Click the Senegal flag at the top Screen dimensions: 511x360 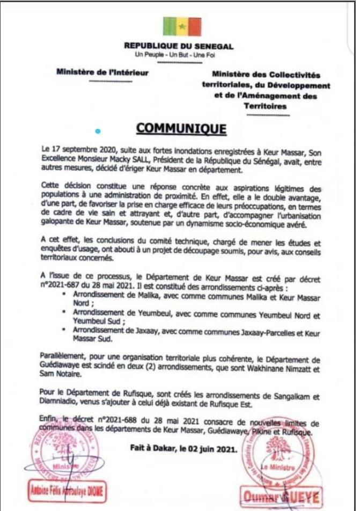click(x=182, y=26)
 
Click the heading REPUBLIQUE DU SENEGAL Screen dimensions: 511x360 click(x=179, y=47)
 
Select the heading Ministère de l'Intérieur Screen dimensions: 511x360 click(x=102, y=72)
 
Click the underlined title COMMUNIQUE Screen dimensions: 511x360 click(x=181, y=129)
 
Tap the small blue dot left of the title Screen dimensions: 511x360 click(x=97, y=131)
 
